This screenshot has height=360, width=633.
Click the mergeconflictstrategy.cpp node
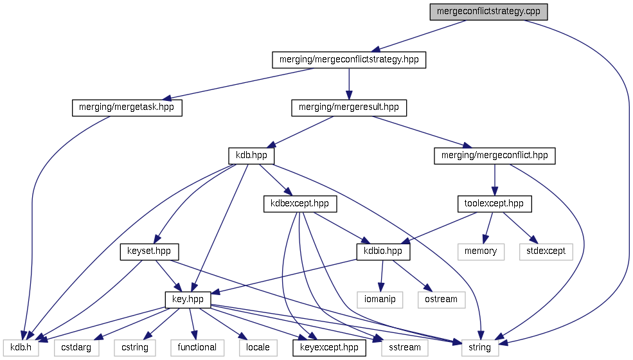click(x=488, y=12)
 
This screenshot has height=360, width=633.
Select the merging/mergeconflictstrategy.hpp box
click(x=349, y=60)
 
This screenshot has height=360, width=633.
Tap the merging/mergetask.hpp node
click(x=127, y=108)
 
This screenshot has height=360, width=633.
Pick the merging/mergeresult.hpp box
click(x=349, y=108)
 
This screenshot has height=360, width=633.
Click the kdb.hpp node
click(x=251, y=156)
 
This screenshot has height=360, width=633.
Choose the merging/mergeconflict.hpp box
click(x=494, y=156)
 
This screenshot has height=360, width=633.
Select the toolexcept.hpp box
click(x=494, y=204)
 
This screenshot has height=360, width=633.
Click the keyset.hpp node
click(x=149, y=251)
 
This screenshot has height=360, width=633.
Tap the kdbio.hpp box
click(x=383, y=251)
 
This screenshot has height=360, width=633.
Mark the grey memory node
click(x=481, y=251)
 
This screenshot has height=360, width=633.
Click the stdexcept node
click(x=546, y=251)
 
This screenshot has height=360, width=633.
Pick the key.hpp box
click(x=188, y=300)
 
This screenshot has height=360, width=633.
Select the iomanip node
click(x=380, y=300)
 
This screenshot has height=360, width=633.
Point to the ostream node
click(x=441, y=300)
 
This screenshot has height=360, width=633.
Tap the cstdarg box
click(x=76, y=347)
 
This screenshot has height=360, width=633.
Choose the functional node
click(x=197, y=347)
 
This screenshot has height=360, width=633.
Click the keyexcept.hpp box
click(x=330, y=347)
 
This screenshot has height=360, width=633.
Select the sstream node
click(x=405, y=347)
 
